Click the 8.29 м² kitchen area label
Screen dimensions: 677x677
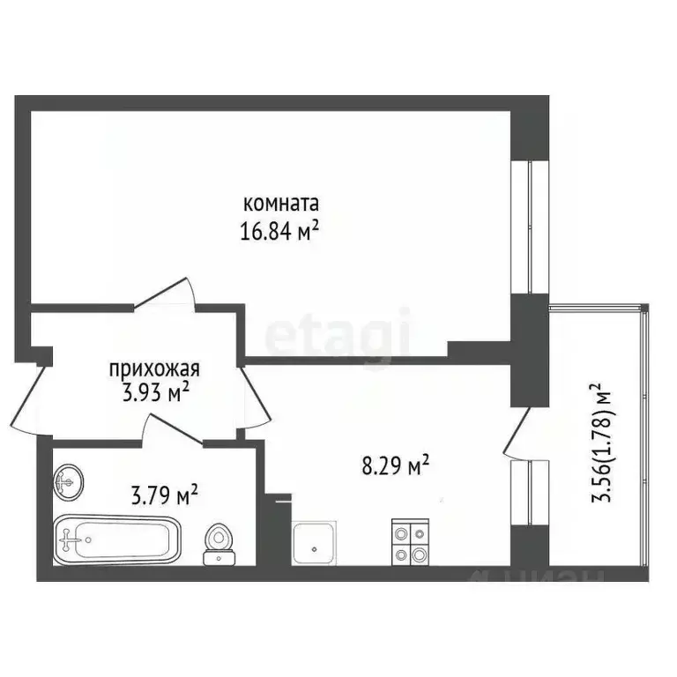395,464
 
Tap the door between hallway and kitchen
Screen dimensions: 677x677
255,397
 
